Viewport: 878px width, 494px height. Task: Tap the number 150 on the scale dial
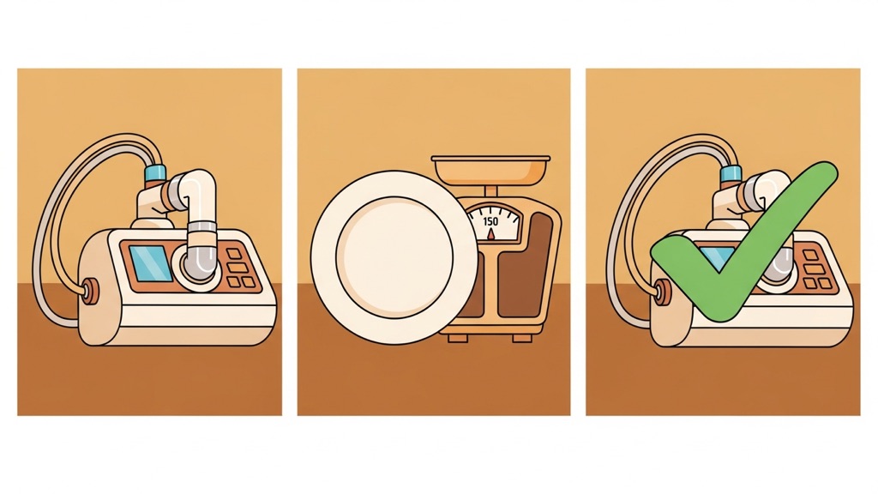[490, 222]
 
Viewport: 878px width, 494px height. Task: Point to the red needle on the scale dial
[491, 233]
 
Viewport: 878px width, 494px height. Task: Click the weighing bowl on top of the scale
[490, 171]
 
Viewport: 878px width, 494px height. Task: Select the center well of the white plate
[394, 256]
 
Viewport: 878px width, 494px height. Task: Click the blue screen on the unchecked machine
[151, 262]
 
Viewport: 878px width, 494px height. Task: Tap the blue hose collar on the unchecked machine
[154, 173]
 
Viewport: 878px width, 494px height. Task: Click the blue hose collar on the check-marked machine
[731, 173]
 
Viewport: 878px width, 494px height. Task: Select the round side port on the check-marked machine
[664, 290]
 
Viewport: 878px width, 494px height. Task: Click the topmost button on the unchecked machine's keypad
[234, 254]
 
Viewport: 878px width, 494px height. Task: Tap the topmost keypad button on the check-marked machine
[809, 256]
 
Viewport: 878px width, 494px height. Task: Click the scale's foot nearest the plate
[456, 338]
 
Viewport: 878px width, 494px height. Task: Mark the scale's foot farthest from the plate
[523, 338]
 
